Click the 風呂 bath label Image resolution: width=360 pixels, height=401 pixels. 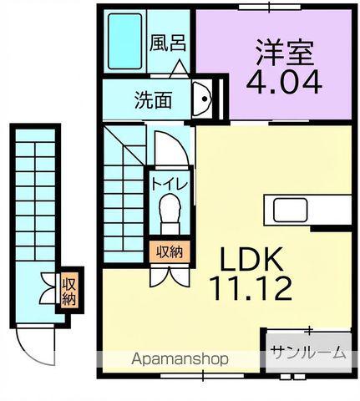(168, 43)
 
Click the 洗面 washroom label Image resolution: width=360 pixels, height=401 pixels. (153, 100)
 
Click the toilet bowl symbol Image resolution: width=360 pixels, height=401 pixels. (170, 209)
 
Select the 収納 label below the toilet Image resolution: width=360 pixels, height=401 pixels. (170, 250)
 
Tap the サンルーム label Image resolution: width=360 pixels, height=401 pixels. (307, 353)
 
